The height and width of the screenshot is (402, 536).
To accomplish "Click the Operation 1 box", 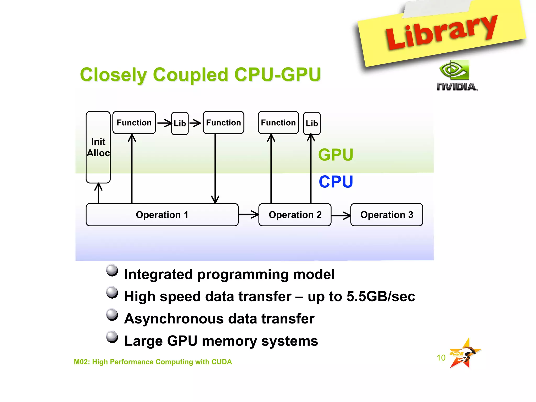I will click(x=162, y=215).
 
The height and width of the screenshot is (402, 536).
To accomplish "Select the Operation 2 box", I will click(x=295, y=215).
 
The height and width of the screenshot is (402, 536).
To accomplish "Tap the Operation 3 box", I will click(x=387, y=215).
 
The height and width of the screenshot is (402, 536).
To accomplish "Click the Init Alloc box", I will click(x=98, y=147).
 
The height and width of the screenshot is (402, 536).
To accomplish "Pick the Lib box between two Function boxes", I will click(x=180, y=123).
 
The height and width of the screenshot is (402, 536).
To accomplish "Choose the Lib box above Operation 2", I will click(x=312, y=123).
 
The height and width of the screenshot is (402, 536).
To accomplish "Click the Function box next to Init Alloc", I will click(x=134, y=122).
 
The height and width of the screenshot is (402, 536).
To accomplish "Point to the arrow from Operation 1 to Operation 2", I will click(x=249, y=214).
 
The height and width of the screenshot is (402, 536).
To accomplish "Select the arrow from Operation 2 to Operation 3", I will click(x=341, y=215).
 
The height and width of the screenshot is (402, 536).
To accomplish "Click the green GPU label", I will click(x=336, y=155).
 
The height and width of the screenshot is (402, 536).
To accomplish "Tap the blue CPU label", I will click(x=336, y=182).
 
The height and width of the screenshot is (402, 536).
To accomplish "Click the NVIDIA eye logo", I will click(x=454, y=70).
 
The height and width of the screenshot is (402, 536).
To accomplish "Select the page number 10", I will click(x=441, y=358).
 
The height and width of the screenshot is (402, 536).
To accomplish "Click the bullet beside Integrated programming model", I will click(x=112, y=270).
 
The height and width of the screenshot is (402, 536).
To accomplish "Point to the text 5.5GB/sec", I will click(x=381, y=297).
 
